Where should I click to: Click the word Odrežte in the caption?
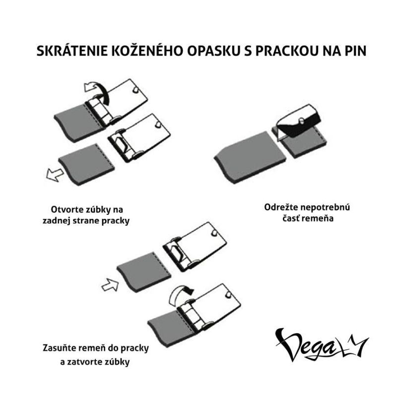[x=281, y=207]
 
